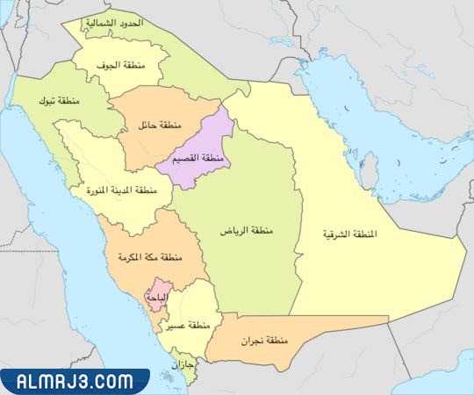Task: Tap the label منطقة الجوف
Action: tap(122, 65)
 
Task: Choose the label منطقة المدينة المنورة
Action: tap(121, 190)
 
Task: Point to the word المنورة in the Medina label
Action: tap(100, 190)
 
